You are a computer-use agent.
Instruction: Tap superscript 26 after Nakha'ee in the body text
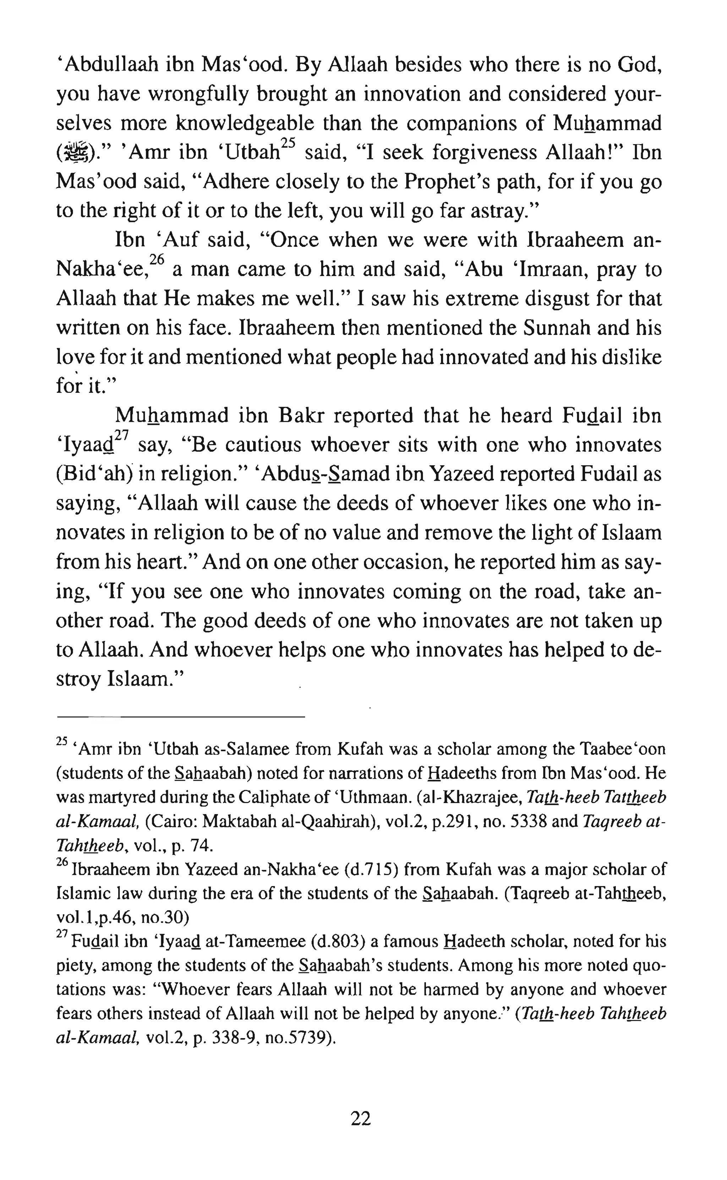157,260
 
